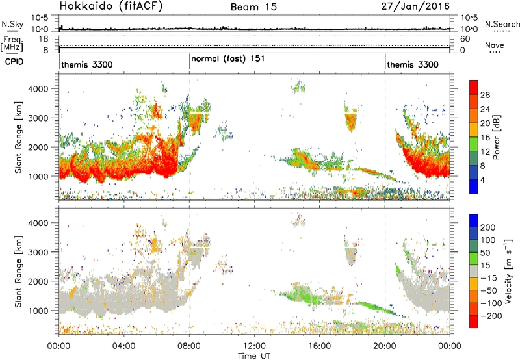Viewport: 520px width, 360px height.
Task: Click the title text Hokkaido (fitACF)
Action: click(111, 6)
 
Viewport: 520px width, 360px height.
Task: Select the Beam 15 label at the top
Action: click(253, 7)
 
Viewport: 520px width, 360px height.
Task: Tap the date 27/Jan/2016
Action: click(415, 6)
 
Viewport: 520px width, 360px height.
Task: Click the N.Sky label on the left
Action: click(12, 24)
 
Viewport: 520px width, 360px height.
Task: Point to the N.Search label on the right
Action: click(502, 24)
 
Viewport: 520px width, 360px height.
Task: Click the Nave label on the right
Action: click(495, 45)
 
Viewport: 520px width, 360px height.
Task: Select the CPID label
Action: click(14, 62)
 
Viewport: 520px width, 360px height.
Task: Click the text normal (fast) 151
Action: click(228, 59)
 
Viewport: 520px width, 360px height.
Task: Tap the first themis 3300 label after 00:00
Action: click(87, 64)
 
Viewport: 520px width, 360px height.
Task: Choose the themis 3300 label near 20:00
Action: click(413, 64)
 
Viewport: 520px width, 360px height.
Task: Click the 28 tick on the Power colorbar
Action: click(485, 95)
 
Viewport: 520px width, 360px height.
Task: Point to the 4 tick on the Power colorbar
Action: click(482, 180)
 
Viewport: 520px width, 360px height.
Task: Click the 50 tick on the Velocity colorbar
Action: click(485, 253)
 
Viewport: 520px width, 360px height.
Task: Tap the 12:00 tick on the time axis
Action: click(254, 346)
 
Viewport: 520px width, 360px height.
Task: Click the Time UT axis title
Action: click(254, 356)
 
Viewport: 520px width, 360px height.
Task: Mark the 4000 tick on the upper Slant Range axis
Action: click(38, 89)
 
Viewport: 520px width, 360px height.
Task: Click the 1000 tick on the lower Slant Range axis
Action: click(38, 311)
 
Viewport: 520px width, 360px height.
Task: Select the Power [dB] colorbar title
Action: click(497, 137)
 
